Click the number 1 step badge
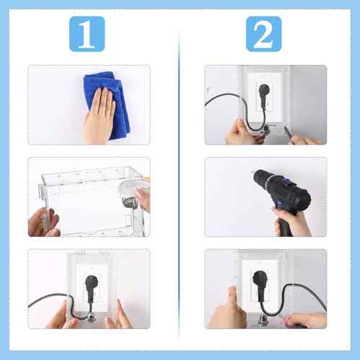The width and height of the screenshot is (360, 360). (x=87, y=33)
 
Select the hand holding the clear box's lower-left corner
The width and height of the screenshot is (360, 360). (x=43, y=223)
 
